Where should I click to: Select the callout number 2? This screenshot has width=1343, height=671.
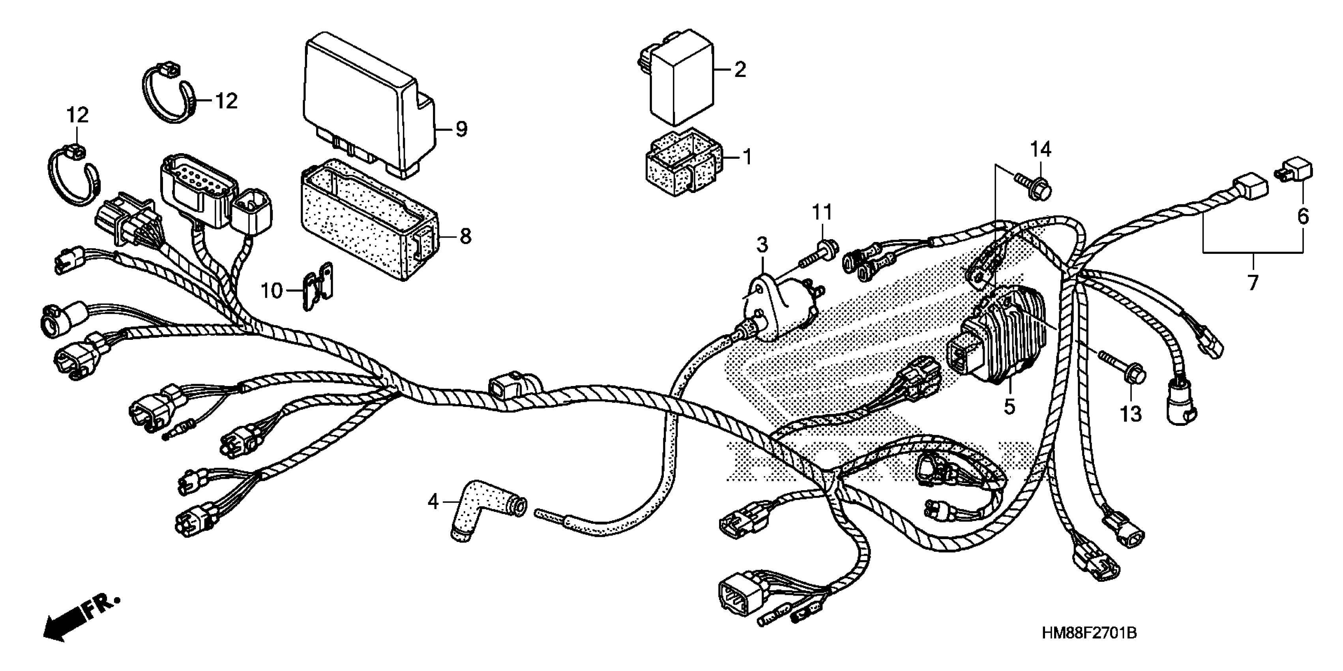click(740, 69)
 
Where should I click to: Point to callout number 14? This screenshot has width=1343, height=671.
click(1040, 150)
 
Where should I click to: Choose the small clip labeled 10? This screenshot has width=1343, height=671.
click(318, 286)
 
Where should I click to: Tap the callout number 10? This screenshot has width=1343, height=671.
click(272, 291)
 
